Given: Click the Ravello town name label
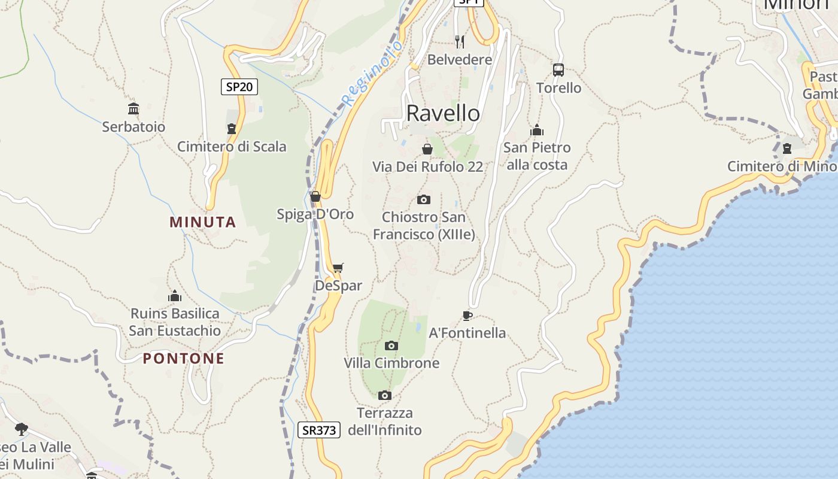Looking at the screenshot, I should tap(443, 113).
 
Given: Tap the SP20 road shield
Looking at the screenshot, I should tap(239, 87).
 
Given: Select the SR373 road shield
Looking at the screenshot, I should tap(319, 430).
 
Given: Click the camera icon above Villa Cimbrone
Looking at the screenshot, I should tap(391, 345).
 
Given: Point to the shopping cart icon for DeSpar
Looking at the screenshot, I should tap(338, 268).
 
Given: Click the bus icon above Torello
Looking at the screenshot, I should tap(558, 70).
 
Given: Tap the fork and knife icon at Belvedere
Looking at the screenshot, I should tap(460, 41).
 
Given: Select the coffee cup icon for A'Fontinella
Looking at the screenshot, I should tap(467, 316).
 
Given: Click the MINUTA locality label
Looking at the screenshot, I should tap(203, 222).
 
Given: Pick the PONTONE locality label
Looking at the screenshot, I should tap(184, 359).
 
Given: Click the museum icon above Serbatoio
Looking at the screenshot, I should tap(133, 108).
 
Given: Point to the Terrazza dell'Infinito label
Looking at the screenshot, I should tap(385, 422).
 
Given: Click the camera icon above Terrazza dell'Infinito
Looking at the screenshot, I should tap(385, 395).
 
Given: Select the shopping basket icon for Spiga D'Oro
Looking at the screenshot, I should tap(315, 196).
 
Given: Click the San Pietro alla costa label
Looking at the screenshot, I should tap(537, 156).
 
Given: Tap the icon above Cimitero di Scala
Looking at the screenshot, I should tap(232, 128).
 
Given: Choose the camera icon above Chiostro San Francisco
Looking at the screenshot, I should tap(424, 199).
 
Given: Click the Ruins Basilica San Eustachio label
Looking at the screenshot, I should tap(175, 322).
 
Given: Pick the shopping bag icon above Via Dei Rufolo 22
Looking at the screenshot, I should tap(427, 149).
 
